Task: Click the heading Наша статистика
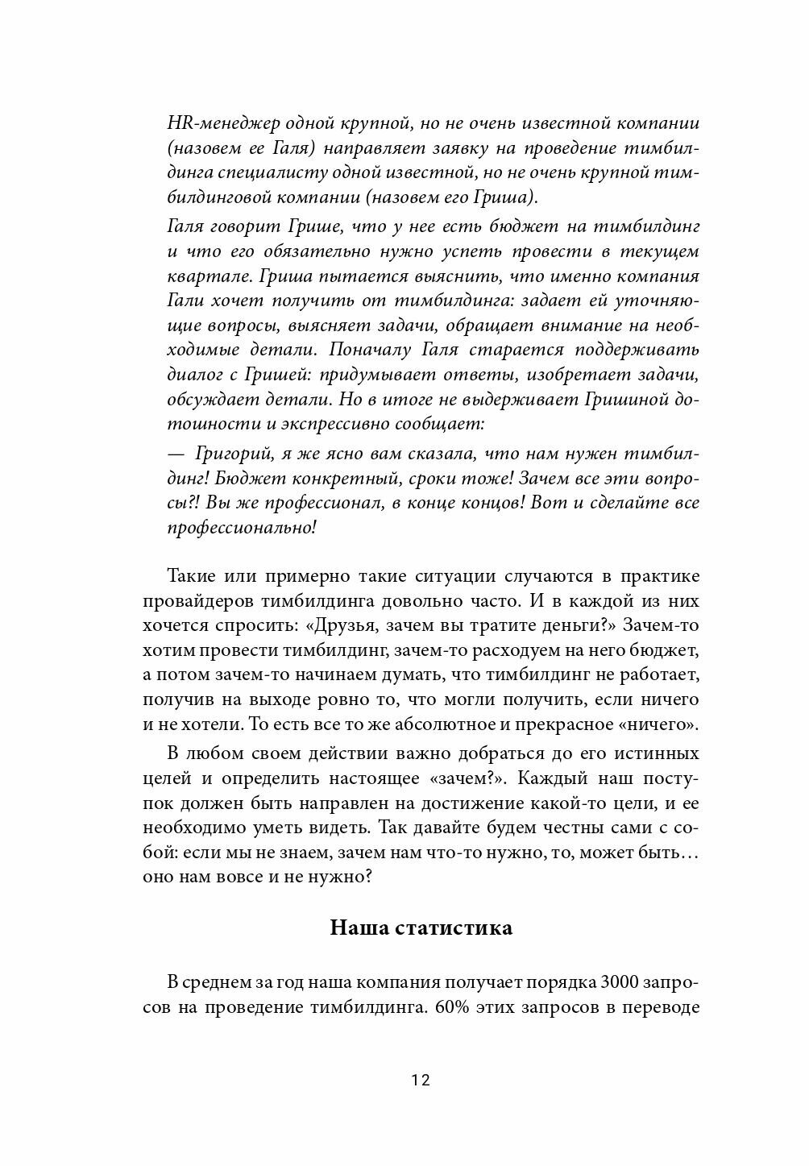tap(421, 927)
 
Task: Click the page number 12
tap(420, 1081)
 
